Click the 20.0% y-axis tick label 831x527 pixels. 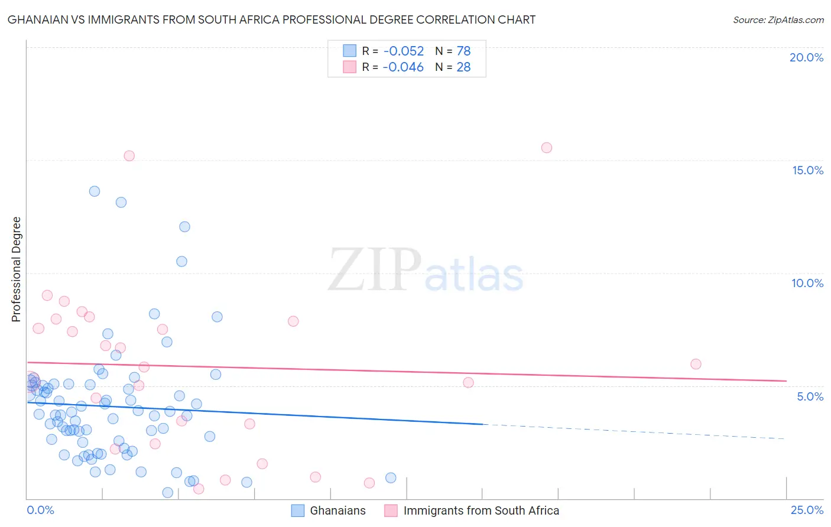coord(806,57)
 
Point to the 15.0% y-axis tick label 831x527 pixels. coord(807,170)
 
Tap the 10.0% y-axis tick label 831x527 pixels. coord(807,283)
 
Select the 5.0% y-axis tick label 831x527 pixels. coord(810,396)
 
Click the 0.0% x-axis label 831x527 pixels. coord(40,510)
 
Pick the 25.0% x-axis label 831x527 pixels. coord(807,510)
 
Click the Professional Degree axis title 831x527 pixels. coord(16,269)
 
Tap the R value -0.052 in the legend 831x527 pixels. coord(403,51)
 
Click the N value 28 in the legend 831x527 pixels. coord(463,67)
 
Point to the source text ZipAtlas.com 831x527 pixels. coord(778,20)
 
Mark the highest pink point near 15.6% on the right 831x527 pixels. coord(547,148)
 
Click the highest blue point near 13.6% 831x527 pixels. coord(95,191)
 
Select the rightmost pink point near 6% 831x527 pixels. coord(696,364)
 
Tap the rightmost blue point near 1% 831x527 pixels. coord(391,478)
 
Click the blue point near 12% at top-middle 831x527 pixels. coord(184,227)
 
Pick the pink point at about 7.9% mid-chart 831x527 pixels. coord(293,321)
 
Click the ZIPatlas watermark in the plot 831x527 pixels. coord(426,271)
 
